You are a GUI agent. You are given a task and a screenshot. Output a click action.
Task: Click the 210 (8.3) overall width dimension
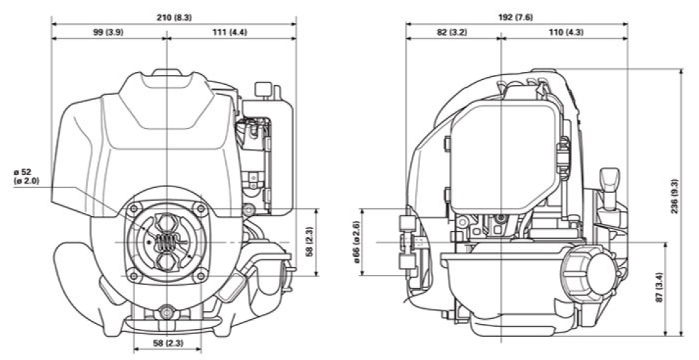click(173, 16)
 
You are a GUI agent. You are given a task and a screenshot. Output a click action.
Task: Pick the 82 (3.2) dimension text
click(451, 32)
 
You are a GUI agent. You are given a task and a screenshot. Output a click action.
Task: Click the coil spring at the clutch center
click(166, 243)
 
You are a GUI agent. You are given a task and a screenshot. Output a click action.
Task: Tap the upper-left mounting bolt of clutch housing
click(131, 210)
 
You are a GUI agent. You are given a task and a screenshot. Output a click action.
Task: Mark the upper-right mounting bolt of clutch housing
click(202, 210)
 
